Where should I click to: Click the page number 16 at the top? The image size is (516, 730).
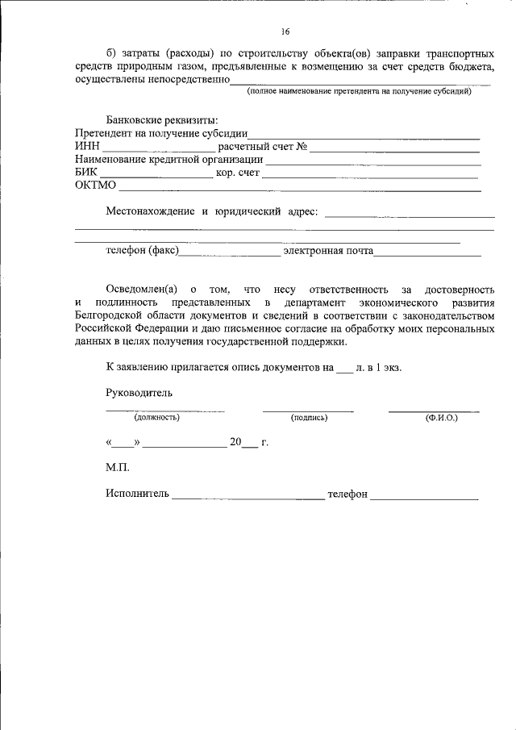pos(285,31)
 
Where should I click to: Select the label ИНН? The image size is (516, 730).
pos(87,147)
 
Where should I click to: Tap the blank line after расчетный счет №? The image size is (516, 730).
pos(395,148)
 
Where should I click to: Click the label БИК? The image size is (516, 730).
pos(86,173)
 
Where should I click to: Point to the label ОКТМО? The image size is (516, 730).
pos(95,186)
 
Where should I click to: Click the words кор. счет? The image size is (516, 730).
pos(238,173)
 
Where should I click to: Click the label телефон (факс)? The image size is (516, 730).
pos(142,251)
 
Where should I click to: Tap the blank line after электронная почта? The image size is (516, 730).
pos(427,252)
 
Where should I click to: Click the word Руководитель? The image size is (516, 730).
pos(139,393)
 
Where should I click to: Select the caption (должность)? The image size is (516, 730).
pos(156,417)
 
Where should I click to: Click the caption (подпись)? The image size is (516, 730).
pos(309,417)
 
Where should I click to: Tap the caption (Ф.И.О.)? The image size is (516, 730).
pos(441,417)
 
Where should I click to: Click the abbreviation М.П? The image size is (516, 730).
pos(117,467)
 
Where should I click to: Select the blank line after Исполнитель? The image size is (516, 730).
pos(248,494)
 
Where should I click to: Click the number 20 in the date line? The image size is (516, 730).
pos(235,442)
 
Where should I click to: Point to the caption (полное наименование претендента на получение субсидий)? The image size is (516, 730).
pos(359,91)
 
